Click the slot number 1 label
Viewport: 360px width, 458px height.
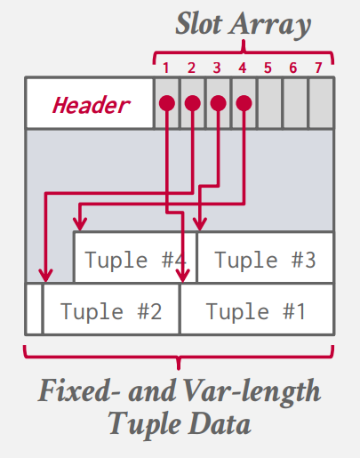point(166,68)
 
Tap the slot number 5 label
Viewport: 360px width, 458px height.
point(268,68)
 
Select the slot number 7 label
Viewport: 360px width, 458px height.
point(318,68)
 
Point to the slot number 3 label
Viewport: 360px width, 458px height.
point(217,68)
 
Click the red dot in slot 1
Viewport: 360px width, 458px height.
point(167,103)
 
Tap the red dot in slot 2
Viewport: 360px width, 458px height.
point(193,103)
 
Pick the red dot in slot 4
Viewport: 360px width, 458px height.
point(244,103)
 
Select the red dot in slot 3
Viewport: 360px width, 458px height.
point(219,103)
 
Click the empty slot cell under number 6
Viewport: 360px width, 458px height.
point(295,103)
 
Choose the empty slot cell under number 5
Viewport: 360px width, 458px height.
point(269,103)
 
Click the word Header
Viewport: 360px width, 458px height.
point(92,105)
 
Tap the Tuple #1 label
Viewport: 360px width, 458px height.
point(256,311)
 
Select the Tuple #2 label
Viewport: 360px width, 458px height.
point(111,311)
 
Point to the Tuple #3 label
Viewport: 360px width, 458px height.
point(265,260)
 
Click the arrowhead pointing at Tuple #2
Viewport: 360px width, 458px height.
point(45,276)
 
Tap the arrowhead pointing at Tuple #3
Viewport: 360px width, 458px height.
point(200,224)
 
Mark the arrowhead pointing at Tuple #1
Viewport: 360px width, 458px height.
point(183,276)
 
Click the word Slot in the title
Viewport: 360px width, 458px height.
point(199,24)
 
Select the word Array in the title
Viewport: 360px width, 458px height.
point(270,26)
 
